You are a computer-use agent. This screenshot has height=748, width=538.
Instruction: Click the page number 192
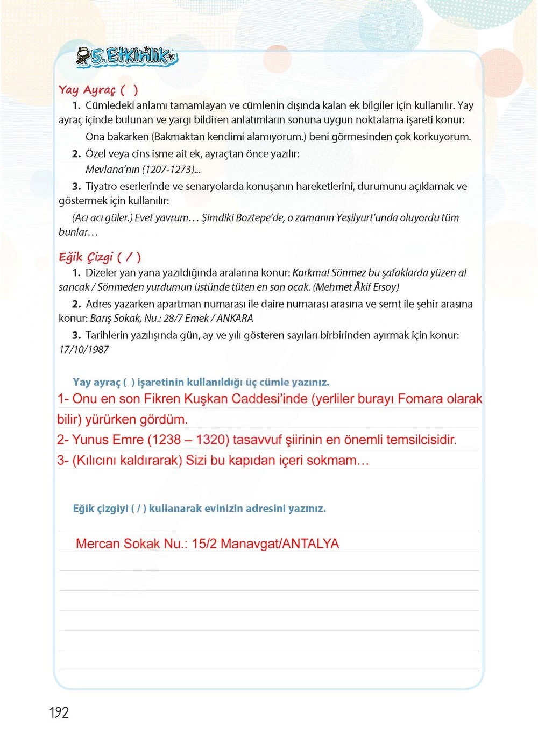59,712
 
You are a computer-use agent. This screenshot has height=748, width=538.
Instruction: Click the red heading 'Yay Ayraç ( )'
98,90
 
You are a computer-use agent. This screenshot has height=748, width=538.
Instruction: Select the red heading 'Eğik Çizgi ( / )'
100,257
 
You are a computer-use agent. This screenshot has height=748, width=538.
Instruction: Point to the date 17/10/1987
84,350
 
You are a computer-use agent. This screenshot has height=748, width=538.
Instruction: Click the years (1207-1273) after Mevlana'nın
168,170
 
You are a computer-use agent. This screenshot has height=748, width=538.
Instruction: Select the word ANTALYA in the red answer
310,544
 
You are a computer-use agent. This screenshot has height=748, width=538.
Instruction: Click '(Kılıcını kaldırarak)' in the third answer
127,461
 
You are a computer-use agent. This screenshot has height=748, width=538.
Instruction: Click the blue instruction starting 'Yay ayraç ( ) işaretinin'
201,383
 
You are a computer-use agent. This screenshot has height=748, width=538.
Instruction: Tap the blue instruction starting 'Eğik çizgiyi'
199,509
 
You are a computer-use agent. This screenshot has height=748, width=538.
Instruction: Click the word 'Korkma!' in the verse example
310,273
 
